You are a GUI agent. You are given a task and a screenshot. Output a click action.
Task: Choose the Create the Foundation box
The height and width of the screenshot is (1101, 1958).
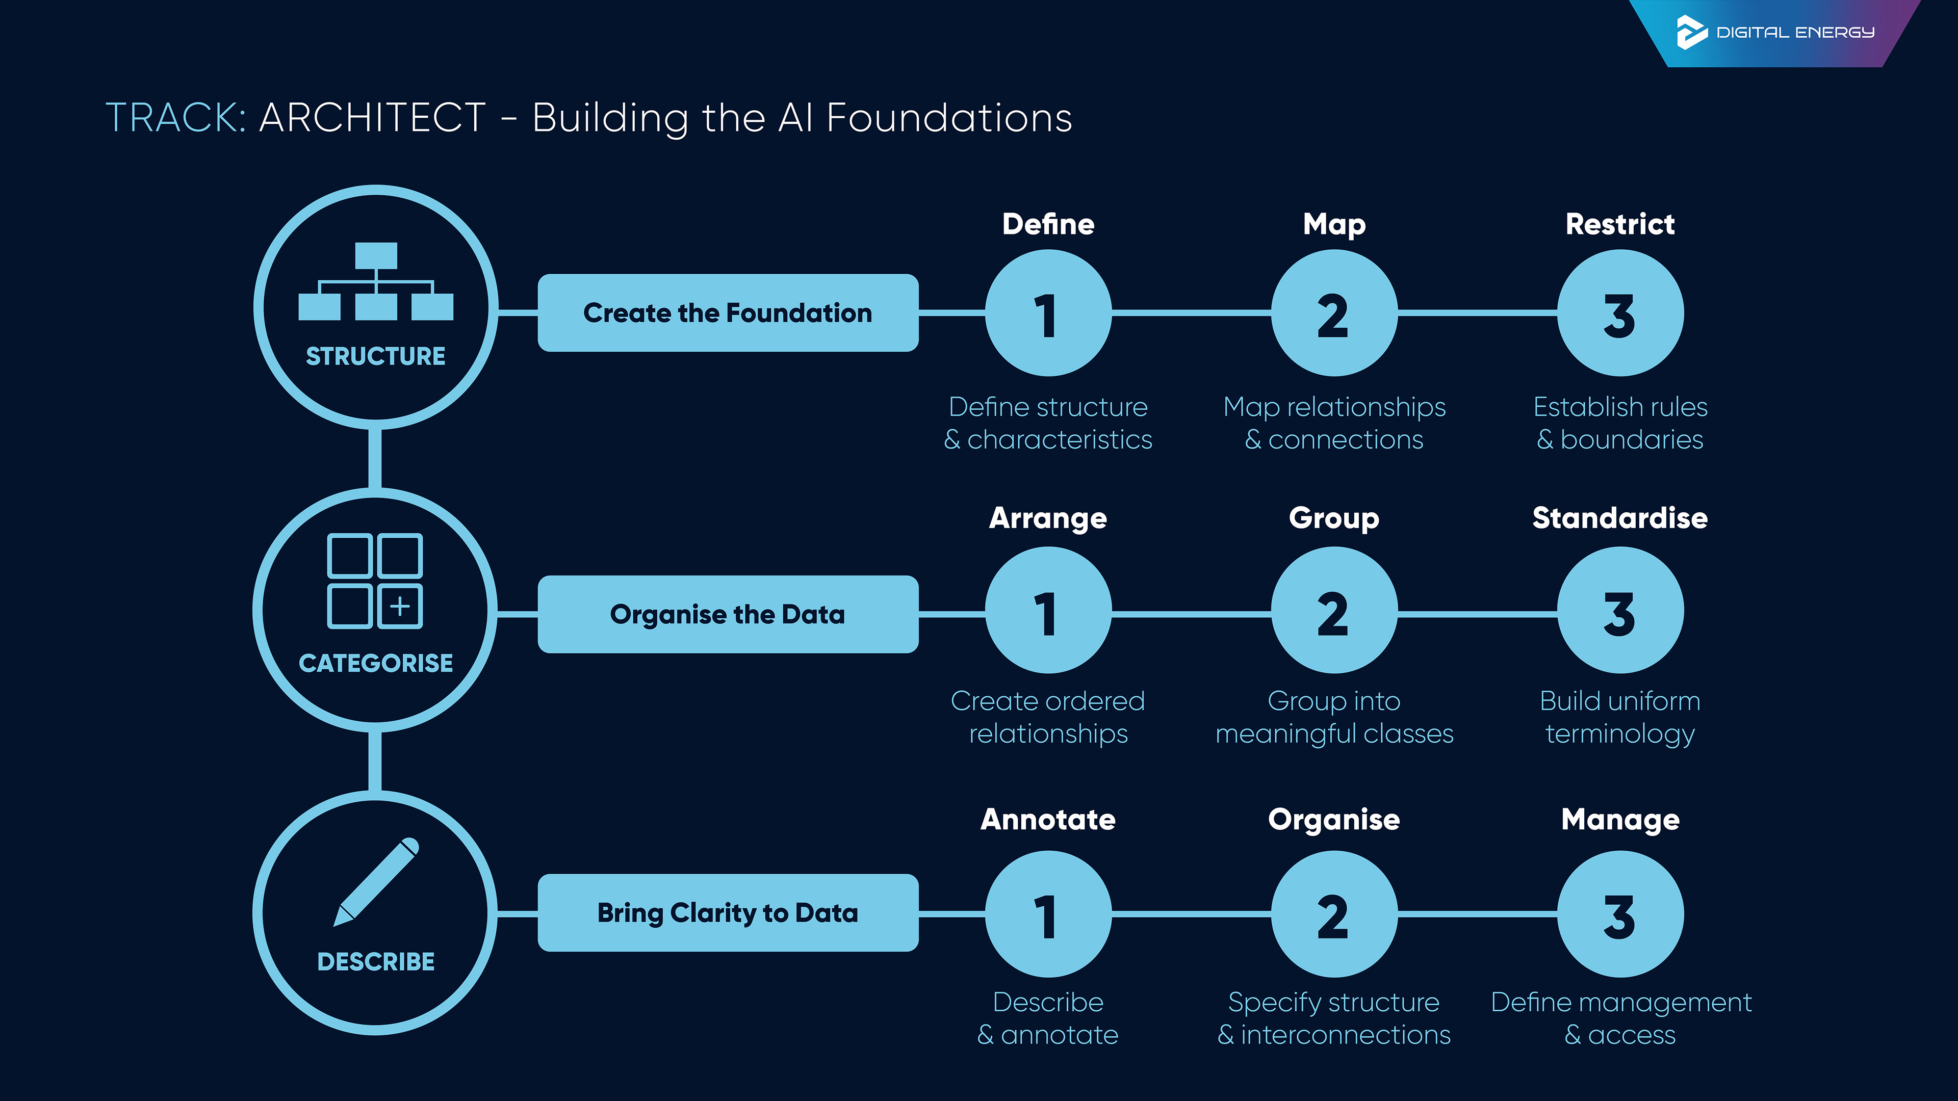pos(728,313)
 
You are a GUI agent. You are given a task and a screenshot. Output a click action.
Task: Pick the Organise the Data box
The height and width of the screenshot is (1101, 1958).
pos(728,614)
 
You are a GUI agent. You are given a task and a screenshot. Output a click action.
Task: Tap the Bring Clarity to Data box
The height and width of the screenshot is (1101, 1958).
pos(728,912)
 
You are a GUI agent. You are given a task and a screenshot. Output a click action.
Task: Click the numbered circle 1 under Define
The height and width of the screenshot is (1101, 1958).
pos(1048,313)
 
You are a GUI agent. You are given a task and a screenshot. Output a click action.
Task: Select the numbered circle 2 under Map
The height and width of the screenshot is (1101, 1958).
pos(1334,313)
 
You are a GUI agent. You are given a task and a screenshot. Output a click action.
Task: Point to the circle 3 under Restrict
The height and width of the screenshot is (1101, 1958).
pos(1620,313)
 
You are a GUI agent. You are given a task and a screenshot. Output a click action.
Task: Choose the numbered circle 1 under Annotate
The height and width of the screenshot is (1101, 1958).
pos(1048,914)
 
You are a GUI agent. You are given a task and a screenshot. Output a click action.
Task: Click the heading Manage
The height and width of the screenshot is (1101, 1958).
pos(1620,820)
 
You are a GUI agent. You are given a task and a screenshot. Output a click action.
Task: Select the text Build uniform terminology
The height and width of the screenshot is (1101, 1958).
pos(1620,717)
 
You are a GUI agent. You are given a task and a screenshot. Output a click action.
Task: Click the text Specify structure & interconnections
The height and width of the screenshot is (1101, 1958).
pos(1334,1018)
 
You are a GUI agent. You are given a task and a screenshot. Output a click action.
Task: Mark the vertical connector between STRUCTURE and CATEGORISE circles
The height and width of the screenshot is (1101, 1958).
pos(375,458)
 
